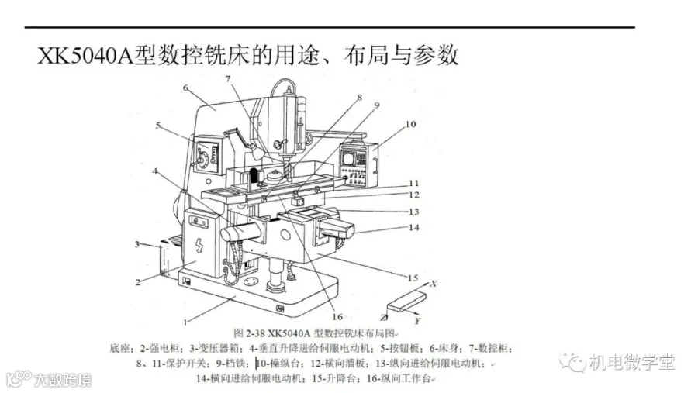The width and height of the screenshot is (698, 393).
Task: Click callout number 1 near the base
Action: tap(185, 321)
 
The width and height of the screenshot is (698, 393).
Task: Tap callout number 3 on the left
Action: tap(136, 245)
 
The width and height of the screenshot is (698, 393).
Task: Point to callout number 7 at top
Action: tap(228, 79)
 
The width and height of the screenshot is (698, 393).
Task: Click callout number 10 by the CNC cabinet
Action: tap(410, 123)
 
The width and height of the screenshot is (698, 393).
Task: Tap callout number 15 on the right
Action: tap(413, 277)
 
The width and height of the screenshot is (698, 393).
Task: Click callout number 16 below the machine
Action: tap(336, 315)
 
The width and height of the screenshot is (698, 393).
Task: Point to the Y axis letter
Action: tap(418, 319)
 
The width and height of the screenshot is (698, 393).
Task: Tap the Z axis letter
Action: tap(384, 318)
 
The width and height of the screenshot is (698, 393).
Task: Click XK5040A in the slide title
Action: tap(85, 55)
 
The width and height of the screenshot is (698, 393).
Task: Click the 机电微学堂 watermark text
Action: tap(631, 362)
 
